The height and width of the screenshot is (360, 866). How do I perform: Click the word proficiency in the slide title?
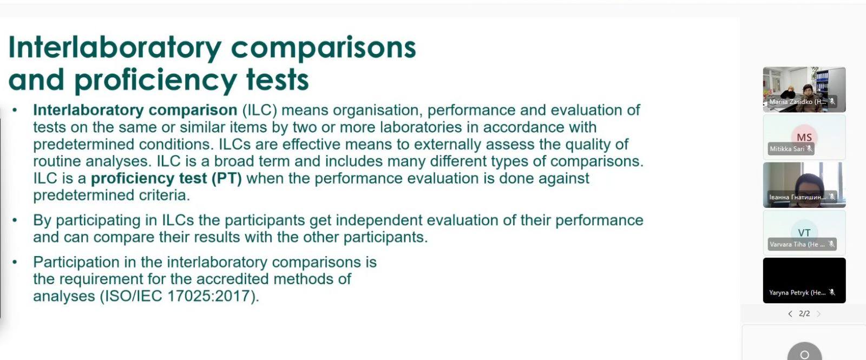155,80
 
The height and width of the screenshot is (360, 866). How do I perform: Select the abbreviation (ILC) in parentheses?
260,110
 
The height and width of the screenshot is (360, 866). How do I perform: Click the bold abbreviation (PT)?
227,179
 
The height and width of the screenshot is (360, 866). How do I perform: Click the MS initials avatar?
804,137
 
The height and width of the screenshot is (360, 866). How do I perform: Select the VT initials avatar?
804,233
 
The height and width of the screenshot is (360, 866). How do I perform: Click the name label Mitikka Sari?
787,149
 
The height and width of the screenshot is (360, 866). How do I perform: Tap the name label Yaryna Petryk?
797,293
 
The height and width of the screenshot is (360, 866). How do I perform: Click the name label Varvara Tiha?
797,244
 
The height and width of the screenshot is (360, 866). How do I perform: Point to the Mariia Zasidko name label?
797,102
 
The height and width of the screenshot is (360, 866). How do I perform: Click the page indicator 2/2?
804,313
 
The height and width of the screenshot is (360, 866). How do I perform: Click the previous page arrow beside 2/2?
790,314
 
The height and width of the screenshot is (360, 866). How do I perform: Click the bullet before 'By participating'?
15,220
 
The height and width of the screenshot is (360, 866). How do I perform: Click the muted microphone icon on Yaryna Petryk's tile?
832,293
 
